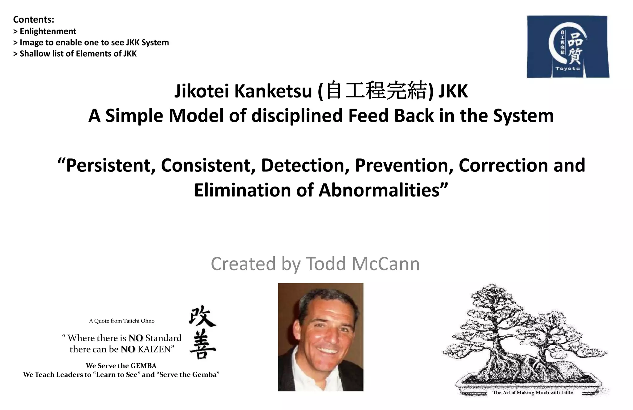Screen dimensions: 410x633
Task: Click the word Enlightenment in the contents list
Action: [48, 31]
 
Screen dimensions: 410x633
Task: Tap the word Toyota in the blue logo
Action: [567, 69]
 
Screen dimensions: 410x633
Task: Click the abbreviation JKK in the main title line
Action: [453, 91]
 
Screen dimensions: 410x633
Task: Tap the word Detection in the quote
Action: [303, 165]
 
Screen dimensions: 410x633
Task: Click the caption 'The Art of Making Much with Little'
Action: [532, 393]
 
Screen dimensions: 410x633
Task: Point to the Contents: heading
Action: [34, 19]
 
